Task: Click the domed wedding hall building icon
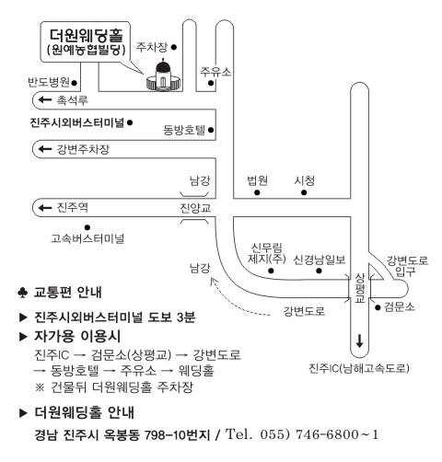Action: (163, 75)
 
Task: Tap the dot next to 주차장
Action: (174, 47)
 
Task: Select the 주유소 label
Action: (215, 72)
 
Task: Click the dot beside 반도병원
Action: (74, 83)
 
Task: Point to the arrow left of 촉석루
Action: (45, 99)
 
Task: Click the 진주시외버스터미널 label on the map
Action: (77, 122)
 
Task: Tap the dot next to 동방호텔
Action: (211, 130)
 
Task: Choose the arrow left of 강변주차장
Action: (45, 149)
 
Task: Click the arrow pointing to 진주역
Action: (45, 208)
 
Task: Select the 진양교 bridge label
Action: (195, 208)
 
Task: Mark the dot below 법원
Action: (257, 192)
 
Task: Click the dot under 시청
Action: (304, 192)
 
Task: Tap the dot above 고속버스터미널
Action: (87, 227)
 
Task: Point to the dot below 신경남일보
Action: (319, 271)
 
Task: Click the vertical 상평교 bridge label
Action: (360, 288)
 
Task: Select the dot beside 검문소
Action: (378, 307)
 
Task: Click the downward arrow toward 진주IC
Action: (359, 341)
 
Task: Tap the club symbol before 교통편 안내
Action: (22, 293)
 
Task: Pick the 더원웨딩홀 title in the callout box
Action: (87, 36)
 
